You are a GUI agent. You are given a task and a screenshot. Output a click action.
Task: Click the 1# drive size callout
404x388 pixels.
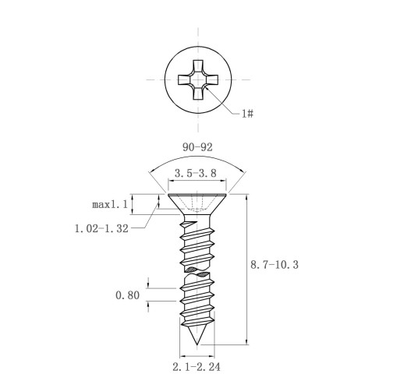(x=247, y=114)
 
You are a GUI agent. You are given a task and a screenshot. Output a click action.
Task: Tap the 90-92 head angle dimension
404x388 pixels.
(x=197, y=147)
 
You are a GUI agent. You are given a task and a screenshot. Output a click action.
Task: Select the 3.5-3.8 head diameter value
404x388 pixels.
(x=196, y=173)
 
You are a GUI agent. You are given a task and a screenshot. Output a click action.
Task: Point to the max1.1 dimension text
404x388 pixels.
(x=110, y=205)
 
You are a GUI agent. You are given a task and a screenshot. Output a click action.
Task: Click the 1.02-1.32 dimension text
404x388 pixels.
(x=101, y=228)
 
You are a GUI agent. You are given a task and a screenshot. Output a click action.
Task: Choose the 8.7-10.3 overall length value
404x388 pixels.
(x=275, y=265)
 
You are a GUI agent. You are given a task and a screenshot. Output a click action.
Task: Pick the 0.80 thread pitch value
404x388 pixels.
(x=127, y=295)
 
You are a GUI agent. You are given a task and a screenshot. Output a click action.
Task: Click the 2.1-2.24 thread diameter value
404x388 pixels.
(x=197, y=367)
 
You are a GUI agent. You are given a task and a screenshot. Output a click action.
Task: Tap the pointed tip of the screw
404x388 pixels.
(x=197, y=345)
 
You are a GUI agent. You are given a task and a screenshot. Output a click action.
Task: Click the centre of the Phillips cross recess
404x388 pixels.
(x=198, y=79)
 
